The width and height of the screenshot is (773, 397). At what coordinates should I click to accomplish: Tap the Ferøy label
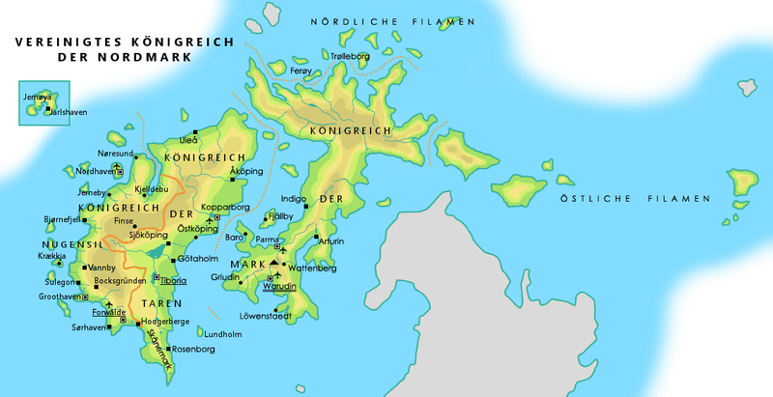click(x=301, y=71)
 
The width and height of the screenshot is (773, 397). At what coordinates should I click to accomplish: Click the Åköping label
click(x=246, y=171)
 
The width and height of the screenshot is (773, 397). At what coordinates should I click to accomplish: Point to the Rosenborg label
click(x=193, y=349)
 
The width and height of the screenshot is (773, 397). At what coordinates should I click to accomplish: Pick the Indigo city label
click(x=292, y=200)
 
